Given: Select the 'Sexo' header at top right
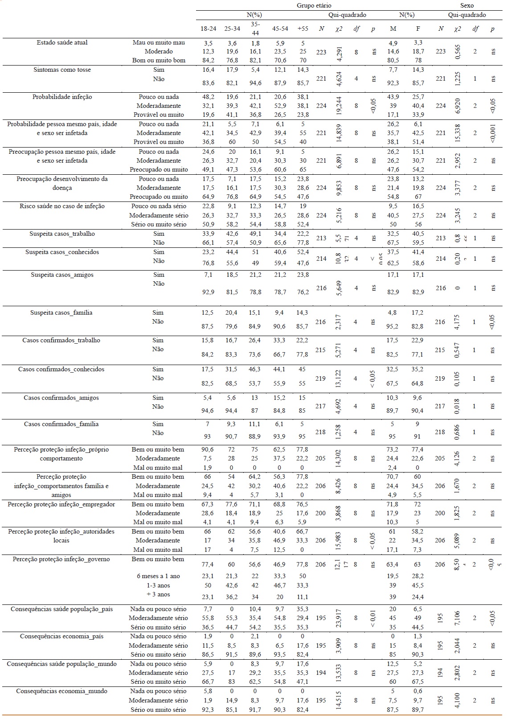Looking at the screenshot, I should (467, 5).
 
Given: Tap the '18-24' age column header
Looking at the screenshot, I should (208, 29).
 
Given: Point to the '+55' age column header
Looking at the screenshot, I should (303, 29).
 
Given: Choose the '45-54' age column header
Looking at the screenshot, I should (280, 29).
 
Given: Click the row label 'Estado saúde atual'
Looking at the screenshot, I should (62, 42).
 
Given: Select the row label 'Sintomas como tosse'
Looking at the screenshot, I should (62, 70).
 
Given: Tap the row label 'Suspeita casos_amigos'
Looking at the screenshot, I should (62, 275).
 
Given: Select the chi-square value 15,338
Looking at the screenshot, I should (458, 133).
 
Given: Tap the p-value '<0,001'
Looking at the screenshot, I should (492, 133).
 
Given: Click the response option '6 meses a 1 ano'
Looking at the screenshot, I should (158, 576).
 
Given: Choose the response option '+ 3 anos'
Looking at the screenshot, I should (158, 594).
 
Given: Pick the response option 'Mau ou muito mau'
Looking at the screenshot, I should (159, 42).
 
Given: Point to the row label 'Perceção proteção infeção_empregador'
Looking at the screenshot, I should (61, 504).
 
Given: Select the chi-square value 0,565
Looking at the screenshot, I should (458, 51).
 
